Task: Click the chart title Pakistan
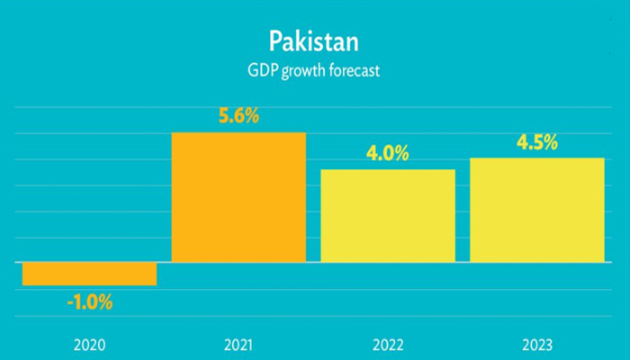[x=314, y=40]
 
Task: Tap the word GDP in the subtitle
[x=261, y=69]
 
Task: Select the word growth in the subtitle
[x=301, y=70]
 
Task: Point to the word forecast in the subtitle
[x=354, y=69]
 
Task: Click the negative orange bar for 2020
[x=90, y=274]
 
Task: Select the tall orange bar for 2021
[x=238, y=197]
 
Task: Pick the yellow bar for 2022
[x=388, y=216]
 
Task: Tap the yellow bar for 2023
[x=537, y=210]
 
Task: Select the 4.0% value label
[x=387, y=154]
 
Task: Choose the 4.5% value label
[x=536, y=143]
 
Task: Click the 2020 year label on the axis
[x=90, y=345]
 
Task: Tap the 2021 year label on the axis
[x=238, y=345]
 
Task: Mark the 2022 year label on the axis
[x=388, y=345]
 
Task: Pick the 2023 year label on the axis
[x=536, y=345]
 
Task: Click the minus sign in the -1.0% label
[x=69, y=303]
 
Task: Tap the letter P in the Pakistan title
[x=275, y=40]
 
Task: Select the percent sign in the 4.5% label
[x=552, y=143]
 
